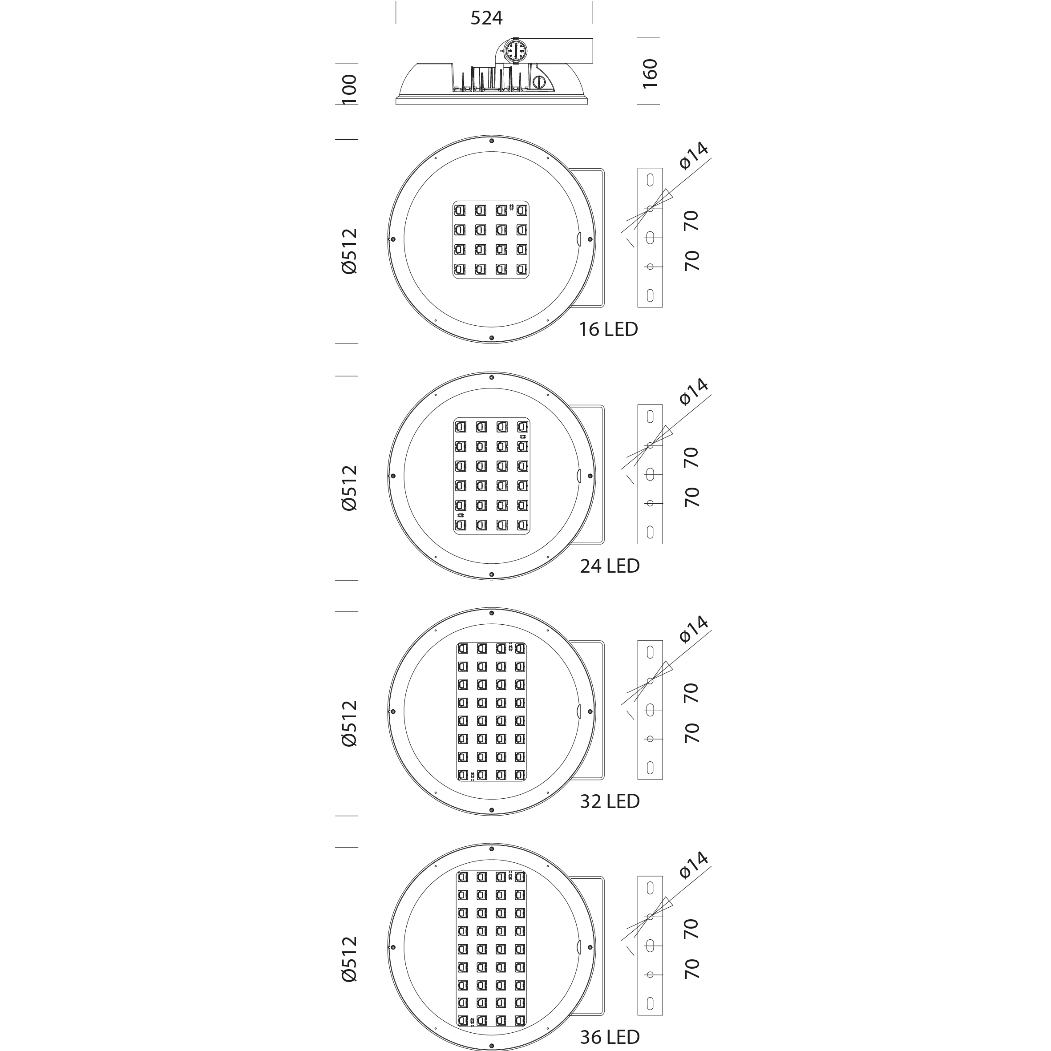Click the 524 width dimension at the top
486,18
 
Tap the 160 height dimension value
650,73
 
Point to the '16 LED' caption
608,329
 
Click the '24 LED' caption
610,566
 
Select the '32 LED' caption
610,801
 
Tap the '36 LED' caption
610,1037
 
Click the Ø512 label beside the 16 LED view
349,251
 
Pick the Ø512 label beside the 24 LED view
349,487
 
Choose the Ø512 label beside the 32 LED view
349,723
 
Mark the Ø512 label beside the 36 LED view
349,958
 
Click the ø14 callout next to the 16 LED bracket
694,156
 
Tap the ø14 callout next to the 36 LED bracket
694,865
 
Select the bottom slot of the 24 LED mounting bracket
650,532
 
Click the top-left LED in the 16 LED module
460,210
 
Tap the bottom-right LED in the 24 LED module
522,525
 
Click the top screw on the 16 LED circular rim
491,141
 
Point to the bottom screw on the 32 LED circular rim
491,810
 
